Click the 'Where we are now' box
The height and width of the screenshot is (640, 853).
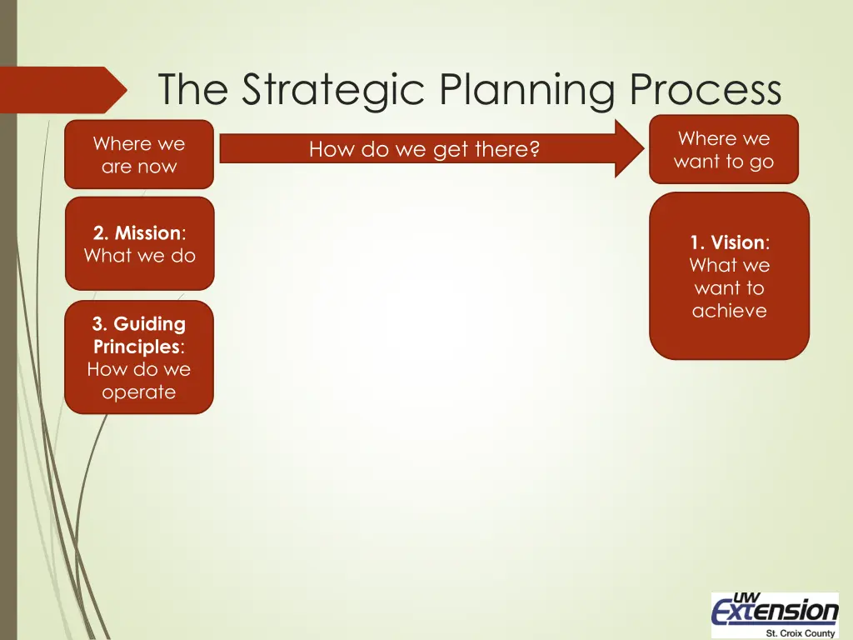(139, 155)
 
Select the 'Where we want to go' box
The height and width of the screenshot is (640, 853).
(723, 150)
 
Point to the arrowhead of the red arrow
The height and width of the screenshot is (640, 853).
(630, 148)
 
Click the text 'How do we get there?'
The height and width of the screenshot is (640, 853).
(424, 150)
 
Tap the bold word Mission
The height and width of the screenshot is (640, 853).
(147, 233)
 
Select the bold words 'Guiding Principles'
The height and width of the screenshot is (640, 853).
(139, 335)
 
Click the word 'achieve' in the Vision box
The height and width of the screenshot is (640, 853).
(729, 311)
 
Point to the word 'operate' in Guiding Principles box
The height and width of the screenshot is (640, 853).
(139, 392)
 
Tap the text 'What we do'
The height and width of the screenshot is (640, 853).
(139, 256)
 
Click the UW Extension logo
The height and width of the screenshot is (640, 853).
(775, 614)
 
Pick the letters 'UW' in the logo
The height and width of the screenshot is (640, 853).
(747, 597)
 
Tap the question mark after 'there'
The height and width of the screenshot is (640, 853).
(535, 150)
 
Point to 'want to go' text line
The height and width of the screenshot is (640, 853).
(723, 162)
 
